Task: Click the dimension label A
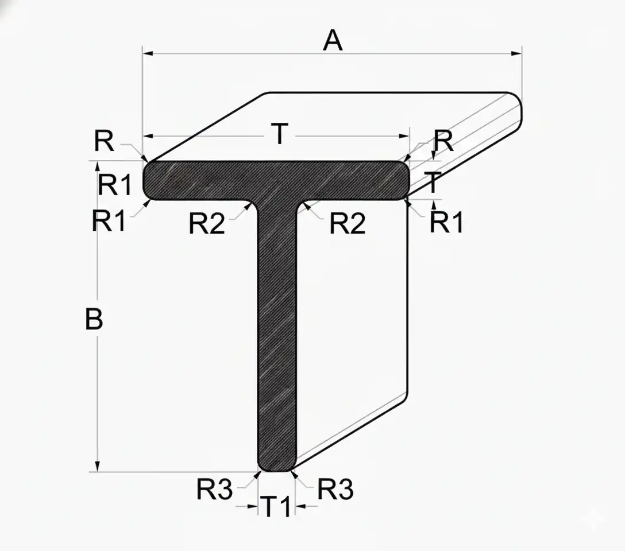pos(333,41)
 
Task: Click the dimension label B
pos(94,319)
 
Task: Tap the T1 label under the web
pos(277,506)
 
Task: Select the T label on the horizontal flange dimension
pos(280,134)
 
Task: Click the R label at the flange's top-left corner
pos(104,141)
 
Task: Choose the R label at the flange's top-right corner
pos(443,141)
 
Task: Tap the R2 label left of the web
pos(207,223)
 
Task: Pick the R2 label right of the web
pos(347,223)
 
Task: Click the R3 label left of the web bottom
pos(214,489)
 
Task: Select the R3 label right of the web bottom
pos(335,489)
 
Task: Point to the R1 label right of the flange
pos(446,222)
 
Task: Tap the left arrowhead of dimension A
pos(148,53)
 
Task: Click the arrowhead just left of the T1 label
pos(253,506)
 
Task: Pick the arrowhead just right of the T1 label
pos(300,506)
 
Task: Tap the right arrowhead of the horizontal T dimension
pos(404,136)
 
